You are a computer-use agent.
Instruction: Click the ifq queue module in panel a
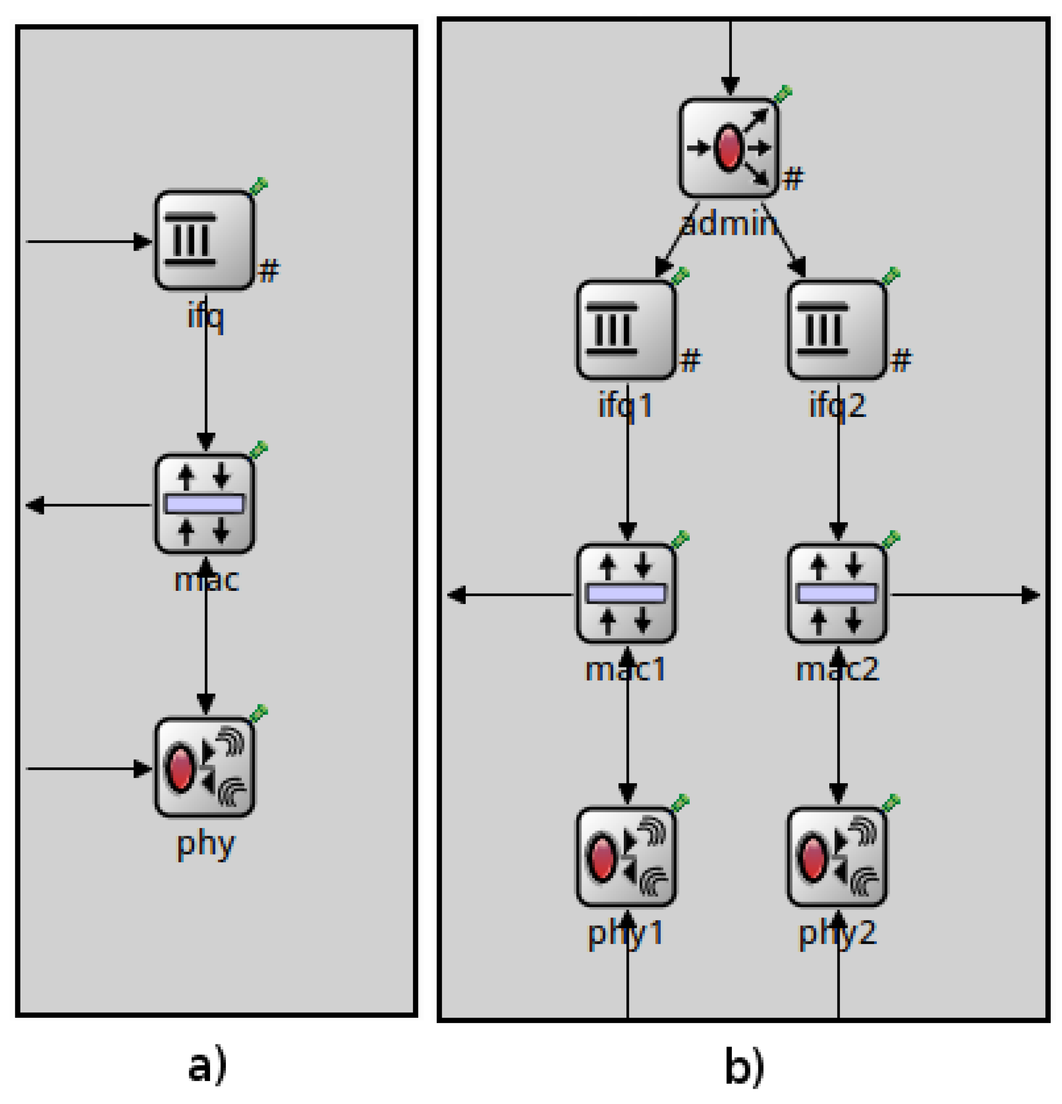coord(205,240)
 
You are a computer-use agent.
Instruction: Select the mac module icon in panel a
coord(205,504)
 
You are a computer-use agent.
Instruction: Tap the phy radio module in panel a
coord(205,767)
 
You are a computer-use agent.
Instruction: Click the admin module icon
coord(729,148)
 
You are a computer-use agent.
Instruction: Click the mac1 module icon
coord(626,594)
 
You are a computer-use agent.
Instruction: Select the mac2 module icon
coord(837,594)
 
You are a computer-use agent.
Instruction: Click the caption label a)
coord(207,1066)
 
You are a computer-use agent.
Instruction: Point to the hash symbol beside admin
coord(793,179)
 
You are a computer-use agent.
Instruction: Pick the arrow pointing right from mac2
coord(964,595)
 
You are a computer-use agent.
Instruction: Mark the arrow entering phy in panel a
coord(89,768)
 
